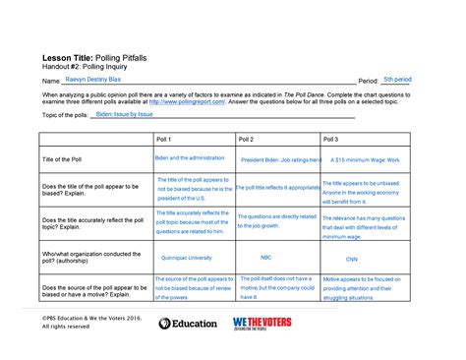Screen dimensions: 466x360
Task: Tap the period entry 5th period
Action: (x=396, y=77)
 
